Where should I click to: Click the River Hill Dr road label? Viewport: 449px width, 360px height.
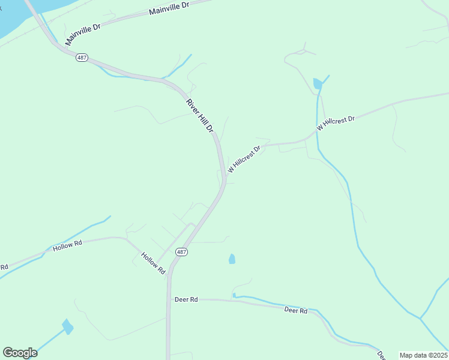(200, 116)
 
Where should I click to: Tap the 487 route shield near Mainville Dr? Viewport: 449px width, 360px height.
(82, 58)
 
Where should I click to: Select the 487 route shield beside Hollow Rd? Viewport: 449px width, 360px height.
(182, 252)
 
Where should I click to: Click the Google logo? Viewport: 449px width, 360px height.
(20, 353)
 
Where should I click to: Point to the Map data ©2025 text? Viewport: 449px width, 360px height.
(424, 355)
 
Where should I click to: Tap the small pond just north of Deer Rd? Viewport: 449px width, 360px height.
(232, 259)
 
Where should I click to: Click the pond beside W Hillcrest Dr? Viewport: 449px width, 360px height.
(317, 84)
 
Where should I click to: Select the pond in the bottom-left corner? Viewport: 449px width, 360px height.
(68, 326)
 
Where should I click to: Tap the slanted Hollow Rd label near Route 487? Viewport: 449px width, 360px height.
(153, 263)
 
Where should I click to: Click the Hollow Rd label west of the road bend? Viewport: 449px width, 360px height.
(67, 245)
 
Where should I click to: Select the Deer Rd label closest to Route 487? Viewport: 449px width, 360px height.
(186, 299)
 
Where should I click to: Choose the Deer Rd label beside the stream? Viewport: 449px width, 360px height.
(295, 310)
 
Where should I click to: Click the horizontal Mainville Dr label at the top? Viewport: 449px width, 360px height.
(169, 8)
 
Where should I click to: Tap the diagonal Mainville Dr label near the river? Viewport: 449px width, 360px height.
(83, 32)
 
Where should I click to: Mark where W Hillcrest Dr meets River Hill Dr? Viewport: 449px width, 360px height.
(224, 179)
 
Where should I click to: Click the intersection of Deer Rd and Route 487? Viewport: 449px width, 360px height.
(169, 299)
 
